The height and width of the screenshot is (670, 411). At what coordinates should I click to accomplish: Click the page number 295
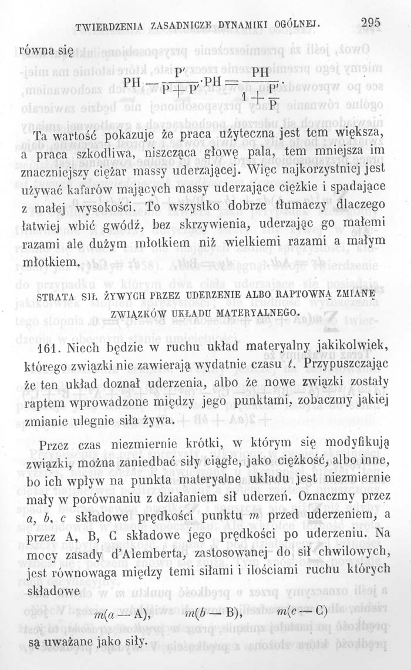tap(371, 23)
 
